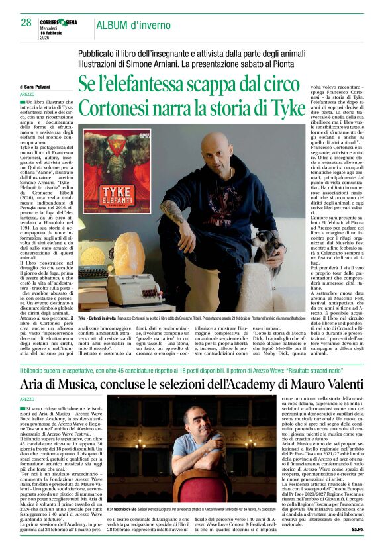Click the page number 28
pyautogui.click(x=26, y=22)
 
